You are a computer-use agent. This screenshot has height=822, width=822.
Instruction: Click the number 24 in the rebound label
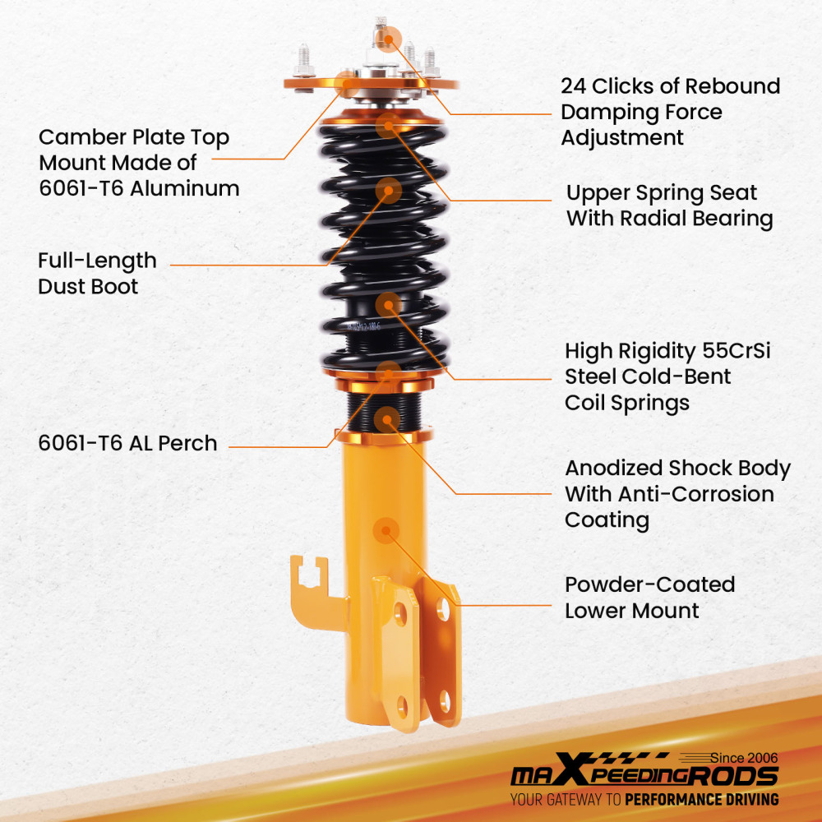tap(573, 86)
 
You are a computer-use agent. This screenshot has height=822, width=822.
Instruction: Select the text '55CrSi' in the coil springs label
tap(736, 351)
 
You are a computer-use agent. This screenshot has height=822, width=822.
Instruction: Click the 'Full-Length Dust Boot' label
tap(97, 273)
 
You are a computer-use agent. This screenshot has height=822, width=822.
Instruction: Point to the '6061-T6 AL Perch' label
tap(128, 444)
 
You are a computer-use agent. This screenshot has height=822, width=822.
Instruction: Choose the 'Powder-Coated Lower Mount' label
tap(649, 598)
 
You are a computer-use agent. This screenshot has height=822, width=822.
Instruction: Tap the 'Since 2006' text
tap(744, 758)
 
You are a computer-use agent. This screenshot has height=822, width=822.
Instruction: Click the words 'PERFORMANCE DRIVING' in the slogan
tap(701, 800)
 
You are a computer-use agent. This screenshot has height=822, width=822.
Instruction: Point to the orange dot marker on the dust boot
tap(389, 191)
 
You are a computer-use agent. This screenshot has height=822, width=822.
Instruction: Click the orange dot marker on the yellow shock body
tap(386, 530)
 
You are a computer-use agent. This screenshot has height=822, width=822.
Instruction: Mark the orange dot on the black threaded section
tap(387, 419)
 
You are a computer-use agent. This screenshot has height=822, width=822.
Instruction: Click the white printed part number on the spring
tap(363, 326)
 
